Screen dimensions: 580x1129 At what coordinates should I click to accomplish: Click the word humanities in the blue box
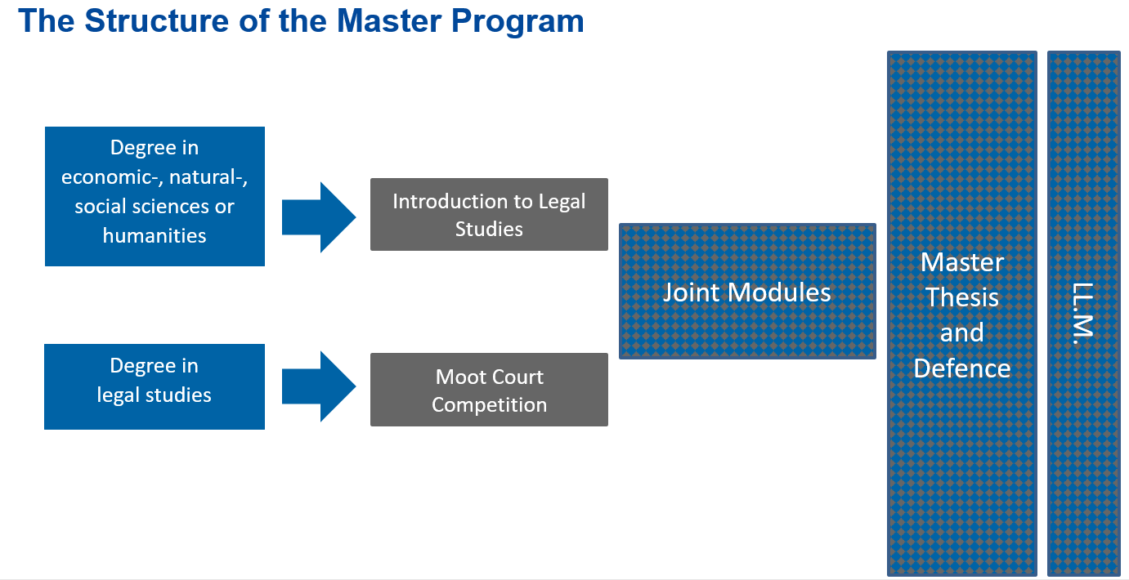click(155, 236)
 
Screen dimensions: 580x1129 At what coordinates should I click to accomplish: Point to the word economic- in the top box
click(105, 177)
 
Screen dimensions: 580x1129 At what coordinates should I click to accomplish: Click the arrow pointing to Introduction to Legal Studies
click(318, 217)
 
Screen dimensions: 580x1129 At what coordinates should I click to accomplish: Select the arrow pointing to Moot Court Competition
click(318, 386)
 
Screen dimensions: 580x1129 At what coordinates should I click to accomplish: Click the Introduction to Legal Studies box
click(489, 214)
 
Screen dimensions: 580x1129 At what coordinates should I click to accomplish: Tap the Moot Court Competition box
click(489, 390)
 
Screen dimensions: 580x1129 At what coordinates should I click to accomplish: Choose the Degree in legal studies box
click(155, 386)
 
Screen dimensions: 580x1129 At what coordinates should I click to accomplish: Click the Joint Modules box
click(746, 292)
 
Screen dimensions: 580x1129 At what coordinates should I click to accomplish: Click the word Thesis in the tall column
click(962, 297)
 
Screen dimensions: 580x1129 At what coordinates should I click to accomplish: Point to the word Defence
click(962, 368)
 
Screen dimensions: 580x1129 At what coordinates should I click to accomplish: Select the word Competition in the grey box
click(489, 405)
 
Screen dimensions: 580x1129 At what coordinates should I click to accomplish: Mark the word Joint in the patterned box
click(692, 292)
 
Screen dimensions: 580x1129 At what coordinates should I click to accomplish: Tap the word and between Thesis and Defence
click(962, 333)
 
